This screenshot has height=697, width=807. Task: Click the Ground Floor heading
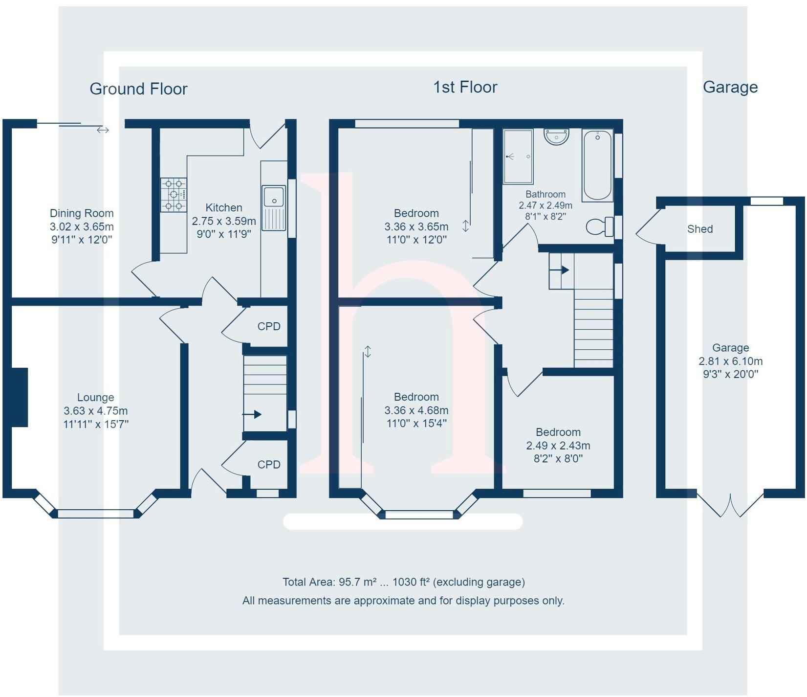point(138,89)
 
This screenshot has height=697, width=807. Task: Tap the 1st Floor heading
point(465,87)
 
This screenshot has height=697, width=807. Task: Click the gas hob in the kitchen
point(174,195)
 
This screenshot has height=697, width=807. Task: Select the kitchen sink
point(274,207)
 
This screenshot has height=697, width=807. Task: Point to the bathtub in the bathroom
point(597,165)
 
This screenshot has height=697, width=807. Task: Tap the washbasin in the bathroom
point(557,136)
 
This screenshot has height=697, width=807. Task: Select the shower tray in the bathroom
point(518,157)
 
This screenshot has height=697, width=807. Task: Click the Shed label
point(699,229)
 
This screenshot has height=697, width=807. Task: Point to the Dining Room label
point(82,213)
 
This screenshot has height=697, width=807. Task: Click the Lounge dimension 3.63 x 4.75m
point(96,411)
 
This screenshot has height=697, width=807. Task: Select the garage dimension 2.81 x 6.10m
point(730,361)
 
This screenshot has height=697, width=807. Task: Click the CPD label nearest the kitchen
point(269,326)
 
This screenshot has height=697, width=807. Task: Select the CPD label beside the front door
point(269,464)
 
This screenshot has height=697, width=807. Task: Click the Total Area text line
point(403,582)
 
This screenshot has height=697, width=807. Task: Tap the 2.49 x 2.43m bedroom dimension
point(558,446)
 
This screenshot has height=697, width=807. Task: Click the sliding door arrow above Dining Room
point(103,130)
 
